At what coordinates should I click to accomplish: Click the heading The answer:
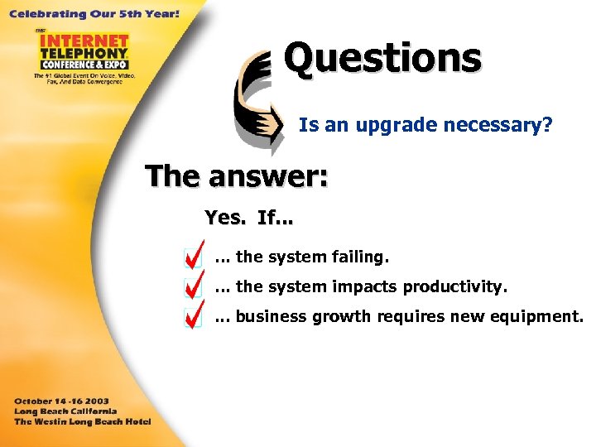[236, 175]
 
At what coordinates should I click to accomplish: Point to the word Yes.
[224, 218]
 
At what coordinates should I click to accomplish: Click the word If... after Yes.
[275, 218]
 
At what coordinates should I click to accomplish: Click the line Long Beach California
[65, 411]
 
